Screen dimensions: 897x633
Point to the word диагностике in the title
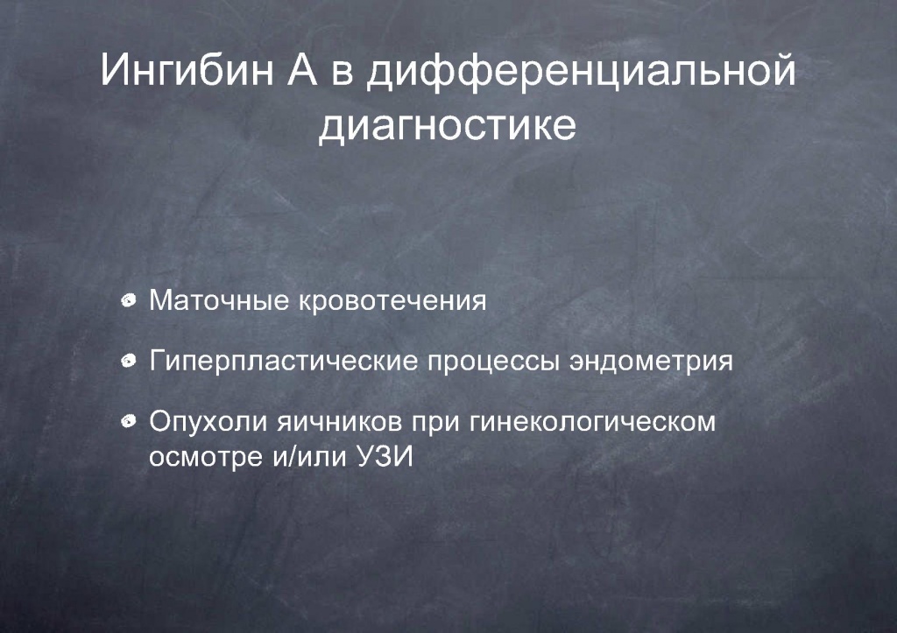[x=448, y=126]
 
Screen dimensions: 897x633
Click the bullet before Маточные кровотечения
[x=129, y=300]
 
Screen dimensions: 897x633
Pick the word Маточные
[x=219, y=301]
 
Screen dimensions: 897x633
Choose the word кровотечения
[x=392, y=302]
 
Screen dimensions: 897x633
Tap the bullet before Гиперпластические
[x=129, y=361]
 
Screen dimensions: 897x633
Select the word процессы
[x=493, y=362]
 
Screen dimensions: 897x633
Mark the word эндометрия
[x=651, y=362]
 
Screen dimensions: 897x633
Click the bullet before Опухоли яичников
[x=129, y=421]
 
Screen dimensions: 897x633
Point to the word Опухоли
[x=208, y=422]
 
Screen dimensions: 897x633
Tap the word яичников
[x=339, y=423]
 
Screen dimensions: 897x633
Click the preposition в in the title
[x=343, y=75]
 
